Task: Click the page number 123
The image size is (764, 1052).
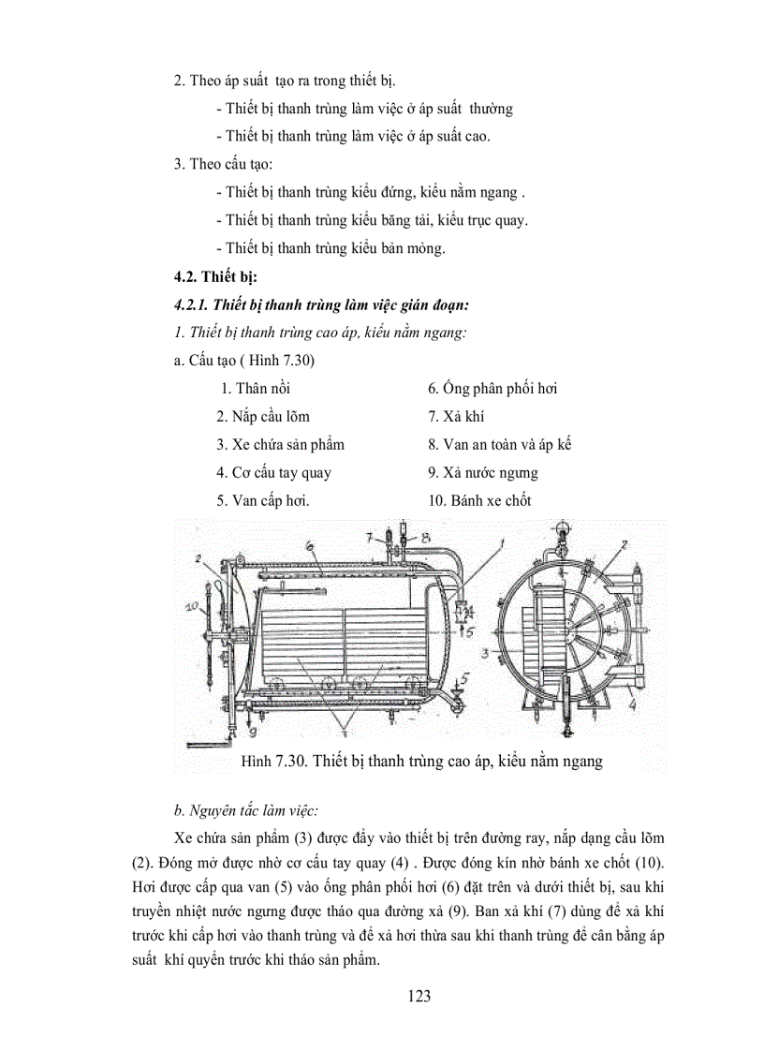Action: click(419, 996)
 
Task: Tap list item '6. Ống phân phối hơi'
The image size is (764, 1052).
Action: click(492, 388)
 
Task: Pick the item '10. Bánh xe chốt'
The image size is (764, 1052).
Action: click(479, 500)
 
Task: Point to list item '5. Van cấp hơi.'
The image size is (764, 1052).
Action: click(263, 500)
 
